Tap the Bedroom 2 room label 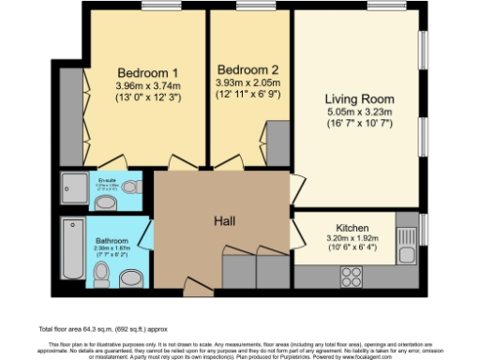point(247,70)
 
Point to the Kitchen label point(346,228)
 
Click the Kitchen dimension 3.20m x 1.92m point(345,239)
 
